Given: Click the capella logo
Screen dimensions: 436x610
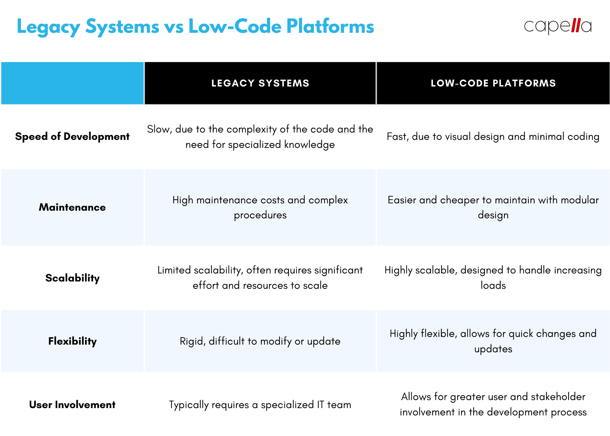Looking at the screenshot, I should coord(558,26).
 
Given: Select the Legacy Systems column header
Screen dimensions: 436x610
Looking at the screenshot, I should coord(260,83).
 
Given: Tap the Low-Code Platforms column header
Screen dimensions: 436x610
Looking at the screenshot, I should coord(493,83).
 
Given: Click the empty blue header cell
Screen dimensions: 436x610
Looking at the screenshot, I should coord(73,83).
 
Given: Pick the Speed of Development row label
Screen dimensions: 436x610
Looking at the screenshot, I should coord(72,136).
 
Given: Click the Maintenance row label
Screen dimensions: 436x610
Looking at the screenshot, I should coord(72,207).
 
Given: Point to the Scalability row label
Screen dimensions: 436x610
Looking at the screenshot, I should coord(72,278).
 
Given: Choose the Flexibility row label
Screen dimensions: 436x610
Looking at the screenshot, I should coord(72,341).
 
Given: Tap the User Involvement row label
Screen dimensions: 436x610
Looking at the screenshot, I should coord(72,405).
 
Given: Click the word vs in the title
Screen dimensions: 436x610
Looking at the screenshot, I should coord(174,27).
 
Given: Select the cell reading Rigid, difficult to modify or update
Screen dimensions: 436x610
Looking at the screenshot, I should coord(260,341).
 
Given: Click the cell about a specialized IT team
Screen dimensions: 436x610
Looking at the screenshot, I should coord(260,405).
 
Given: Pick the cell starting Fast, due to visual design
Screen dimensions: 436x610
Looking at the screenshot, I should coord(493,136).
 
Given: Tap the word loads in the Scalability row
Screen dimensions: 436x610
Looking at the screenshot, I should coord(493,285).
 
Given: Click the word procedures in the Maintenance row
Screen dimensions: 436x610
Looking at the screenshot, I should coord(260,215).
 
